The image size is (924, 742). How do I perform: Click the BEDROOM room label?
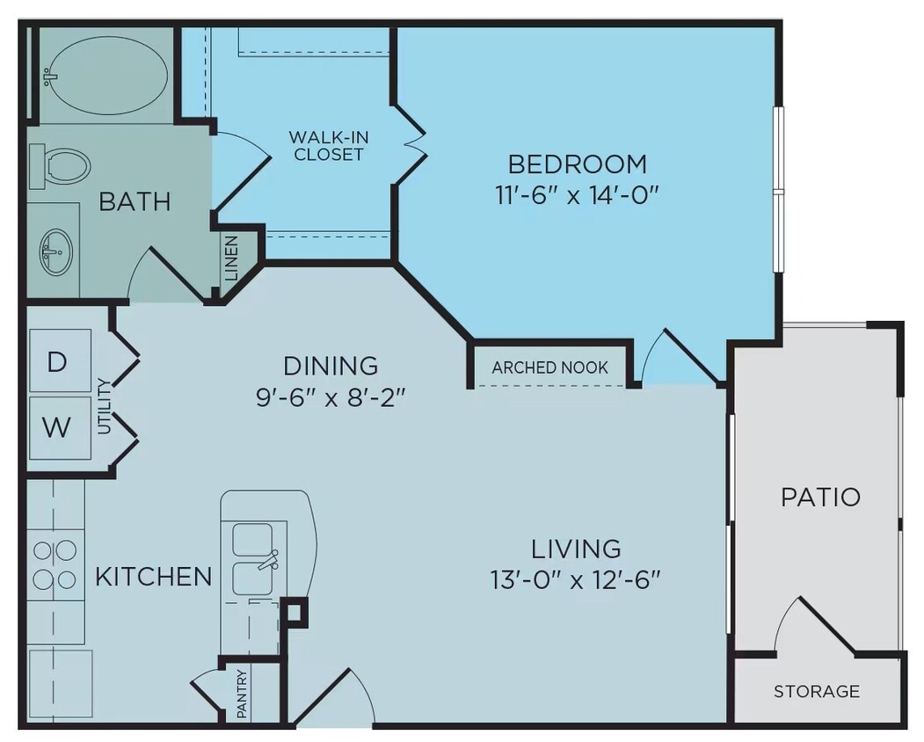click(x=578, y=164)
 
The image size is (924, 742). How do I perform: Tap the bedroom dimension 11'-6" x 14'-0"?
click(x=577, y=194)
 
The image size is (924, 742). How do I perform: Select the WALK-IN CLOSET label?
click(x=329, y=146)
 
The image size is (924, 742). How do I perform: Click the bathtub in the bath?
click(x=104, y=76)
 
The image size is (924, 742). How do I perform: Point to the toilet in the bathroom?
click(x=62, y=165)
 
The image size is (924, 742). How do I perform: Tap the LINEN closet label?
click(x=231, y=258)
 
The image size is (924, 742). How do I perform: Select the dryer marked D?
click(x=58, y=361)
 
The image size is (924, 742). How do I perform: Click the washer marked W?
click(x=58, y=427)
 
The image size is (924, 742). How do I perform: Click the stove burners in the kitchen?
click(x=55, y=564)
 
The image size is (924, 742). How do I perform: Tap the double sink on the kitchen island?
click(x=253, y=557)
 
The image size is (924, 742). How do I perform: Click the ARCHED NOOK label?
click(x=549, y=367)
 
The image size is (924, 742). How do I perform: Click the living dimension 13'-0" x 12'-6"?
click(x=576, y=579)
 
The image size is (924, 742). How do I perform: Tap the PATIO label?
click(x=820, y=497)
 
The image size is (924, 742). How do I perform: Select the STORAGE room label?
click(x=817, y=691)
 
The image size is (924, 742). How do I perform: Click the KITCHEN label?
click(x=153, y=577)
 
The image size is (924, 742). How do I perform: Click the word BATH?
click(x=134, y=201)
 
